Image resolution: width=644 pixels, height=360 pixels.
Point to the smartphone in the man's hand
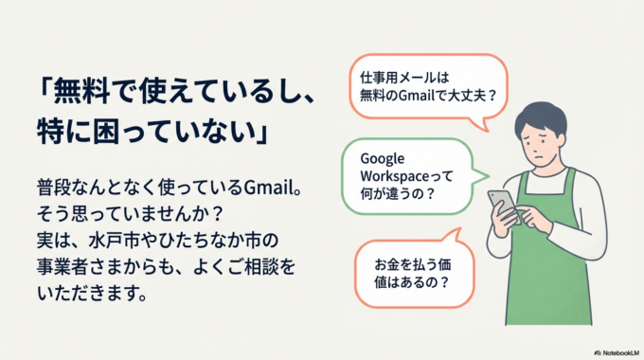pos(502,204)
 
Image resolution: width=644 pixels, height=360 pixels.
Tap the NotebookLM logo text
pos(616,351)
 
